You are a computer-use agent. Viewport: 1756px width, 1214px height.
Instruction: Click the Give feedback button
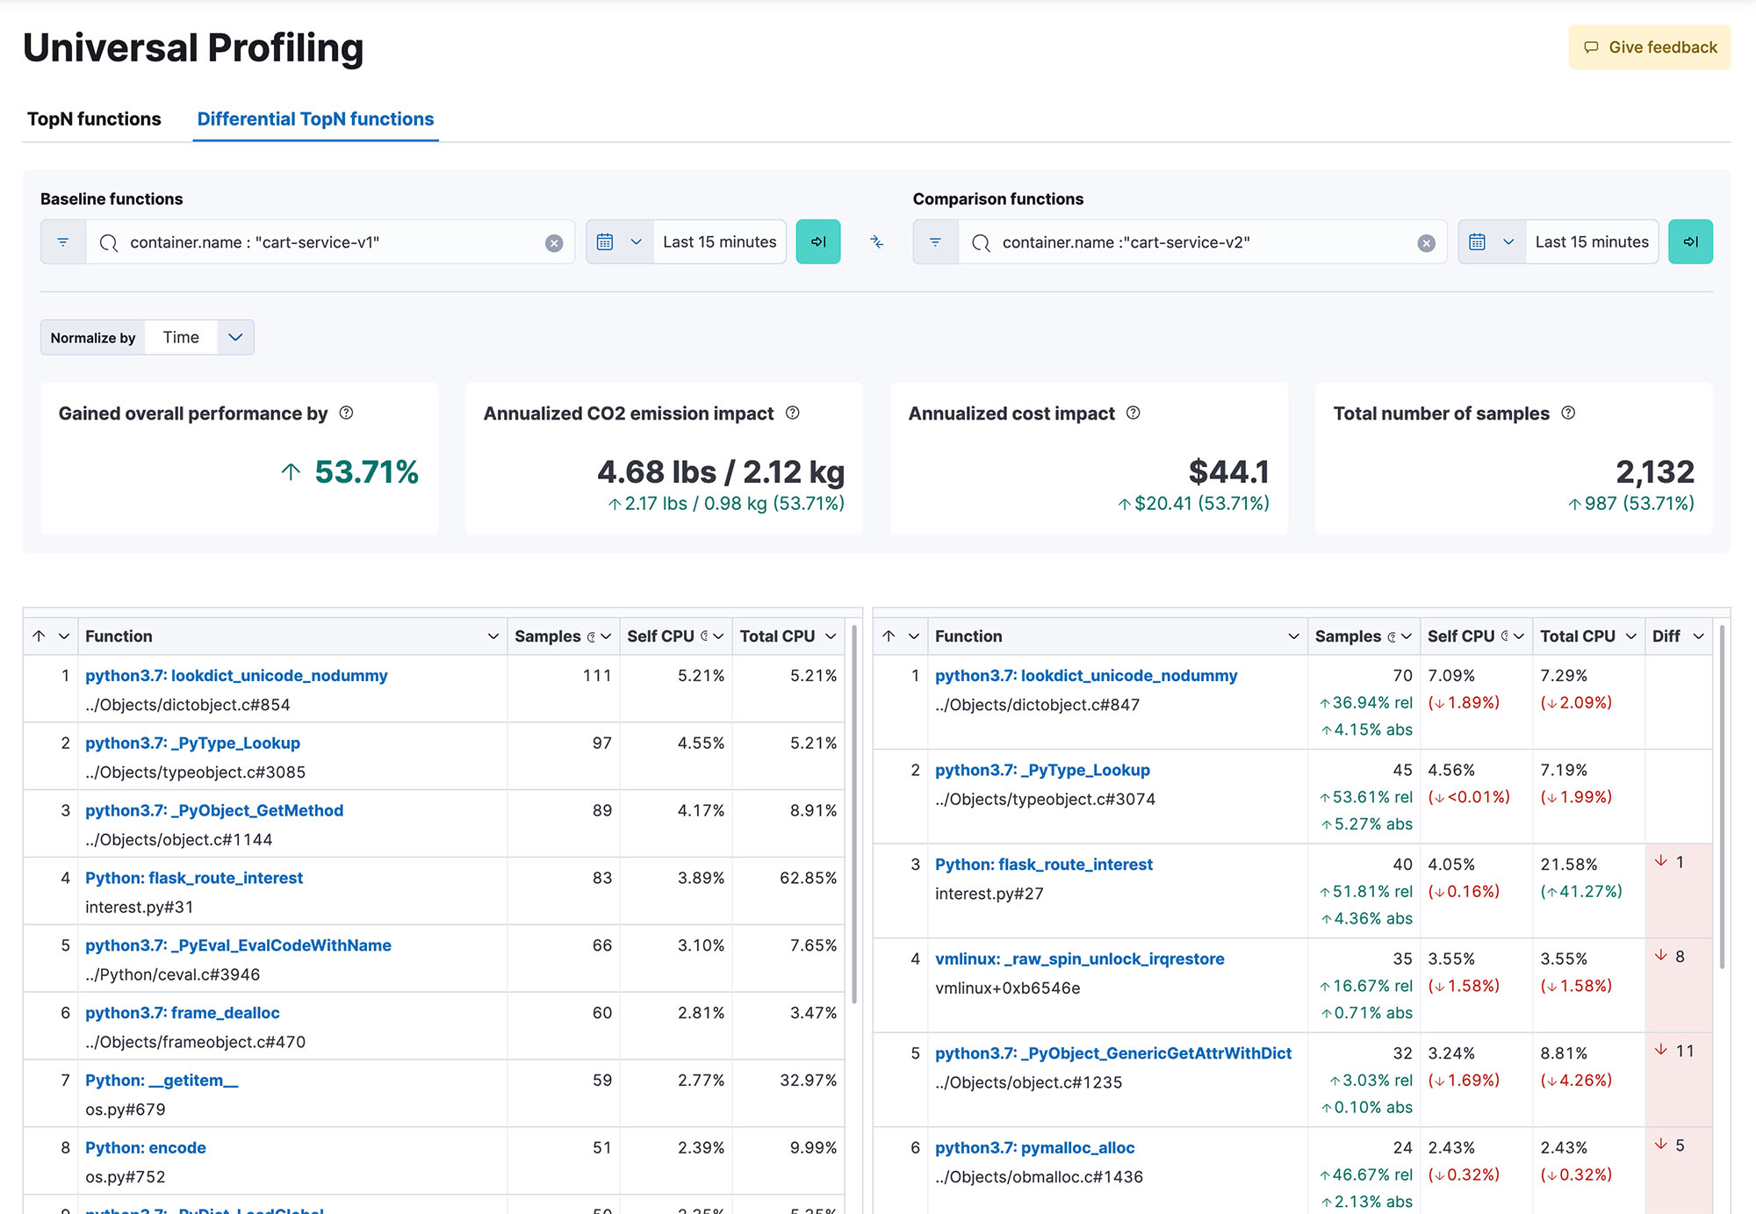[1650, 47]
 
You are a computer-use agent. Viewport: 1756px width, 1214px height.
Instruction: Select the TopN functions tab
[94, 119]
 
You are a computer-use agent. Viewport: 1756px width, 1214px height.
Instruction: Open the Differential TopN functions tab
[315, 119]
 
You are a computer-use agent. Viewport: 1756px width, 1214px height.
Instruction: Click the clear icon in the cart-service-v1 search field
[554, 243]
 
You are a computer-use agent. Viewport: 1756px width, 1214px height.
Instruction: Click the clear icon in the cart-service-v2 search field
[1427, 243]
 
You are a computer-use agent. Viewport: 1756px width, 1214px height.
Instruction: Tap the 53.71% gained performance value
[366, 471]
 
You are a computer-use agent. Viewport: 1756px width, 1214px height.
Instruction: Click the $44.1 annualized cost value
[1229, 471]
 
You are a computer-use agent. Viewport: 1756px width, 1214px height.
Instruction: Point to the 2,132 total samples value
[1655, 471]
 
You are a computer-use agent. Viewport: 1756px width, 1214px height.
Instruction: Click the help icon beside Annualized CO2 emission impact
[793, 413]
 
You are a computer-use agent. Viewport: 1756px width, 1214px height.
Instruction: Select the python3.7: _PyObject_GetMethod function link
[214, 810]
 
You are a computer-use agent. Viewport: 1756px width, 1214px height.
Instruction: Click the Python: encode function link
[146, 1147]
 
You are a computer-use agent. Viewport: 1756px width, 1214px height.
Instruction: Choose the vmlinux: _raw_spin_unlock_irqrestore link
[1080, 959]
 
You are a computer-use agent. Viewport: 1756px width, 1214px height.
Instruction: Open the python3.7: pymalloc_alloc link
[1035, 1147]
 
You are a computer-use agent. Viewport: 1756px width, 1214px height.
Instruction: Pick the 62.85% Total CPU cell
[808, 878]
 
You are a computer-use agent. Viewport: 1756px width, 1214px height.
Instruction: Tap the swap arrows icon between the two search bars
[876, 241]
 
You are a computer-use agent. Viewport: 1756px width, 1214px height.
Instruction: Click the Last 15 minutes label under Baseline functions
[720, 241]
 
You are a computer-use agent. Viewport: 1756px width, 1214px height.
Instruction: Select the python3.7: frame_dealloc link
[183, 1013]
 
